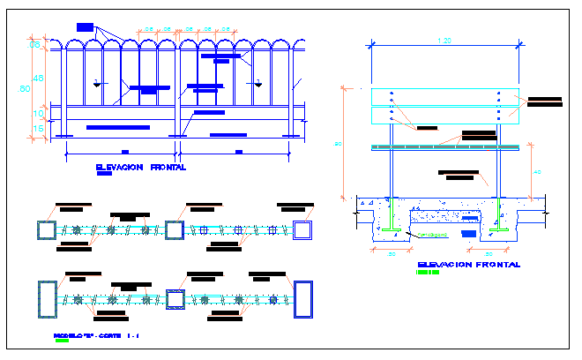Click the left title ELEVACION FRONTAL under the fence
140,167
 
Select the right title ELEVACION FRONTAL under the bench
468,264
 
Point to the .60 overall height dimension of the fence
26,88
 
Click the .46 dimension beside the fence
38,79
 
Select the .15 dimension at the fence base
38,129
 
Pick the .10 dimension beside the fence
38,113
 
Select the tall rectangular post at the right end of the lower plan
304,299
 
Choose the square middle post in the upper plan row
175,230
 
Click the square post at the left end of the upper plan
46,230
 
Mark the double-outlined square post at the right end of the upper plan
303,230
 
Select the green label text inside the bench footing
433,235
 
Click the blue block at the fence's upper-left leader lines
84,28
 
